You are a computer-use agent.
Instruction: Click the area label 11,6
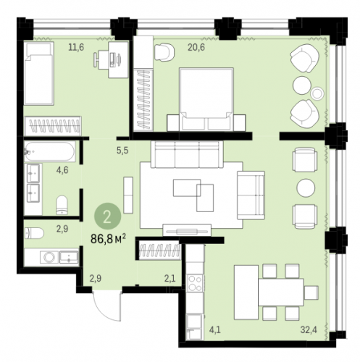pyautogui.click(x=76, y=47)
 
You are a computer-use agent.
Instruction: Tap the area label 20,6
pyautogui.click(x=196, y=47)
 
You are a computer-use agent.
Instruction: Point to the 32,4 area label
pyautogui.click(x=309, y=329)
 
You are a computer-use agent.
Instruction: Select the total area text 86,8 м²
pyautogui.click(x=108, y=239)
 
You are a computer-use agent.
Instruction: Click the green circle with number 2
pyautogui.click(x=107, y=216)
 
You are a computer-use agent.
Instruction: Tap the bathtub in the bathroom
pyautogui.click(x=49, y=151)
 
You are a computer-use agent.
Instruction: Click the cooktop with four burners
pyautogui.click(x=195, y=283)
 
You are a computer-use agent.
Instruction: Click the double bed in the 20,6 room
pyautogui.click(x=206, y=99)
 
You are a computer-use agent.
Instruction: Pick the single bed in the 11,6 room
pyautogui.click(x=38, y=73)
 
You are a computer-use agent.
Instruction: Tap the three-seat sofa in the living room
pyautogui.click(x=187, y=154)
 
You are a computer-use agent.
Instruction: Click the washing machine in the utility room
pyautogui.click(x=49, y=257)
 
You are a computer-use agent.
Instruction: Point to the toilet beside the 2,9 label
pyautogui.click(x=34, y=233)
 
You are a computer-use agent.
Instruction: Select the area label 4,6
pyautogui.click(x=62, y=170)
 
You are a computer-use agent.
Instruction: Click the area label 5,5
pyautogui.click(x=122, y=151)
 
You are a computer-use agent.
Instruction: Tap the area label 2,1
pyautogui.click(x=170, y=279)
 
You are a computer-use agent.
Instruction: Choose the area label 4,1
pyautogui.click(x=214, y=329)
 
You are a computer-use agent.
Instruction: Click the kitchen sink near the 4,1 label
pyautogui.click(x=194, y=327)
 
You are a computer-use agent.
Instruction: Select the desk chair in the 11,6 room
pyautogui.click(x=99, y=59)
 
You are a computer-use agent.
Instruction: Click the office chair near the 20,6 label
pyautogui.click(x=164, y=52)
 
